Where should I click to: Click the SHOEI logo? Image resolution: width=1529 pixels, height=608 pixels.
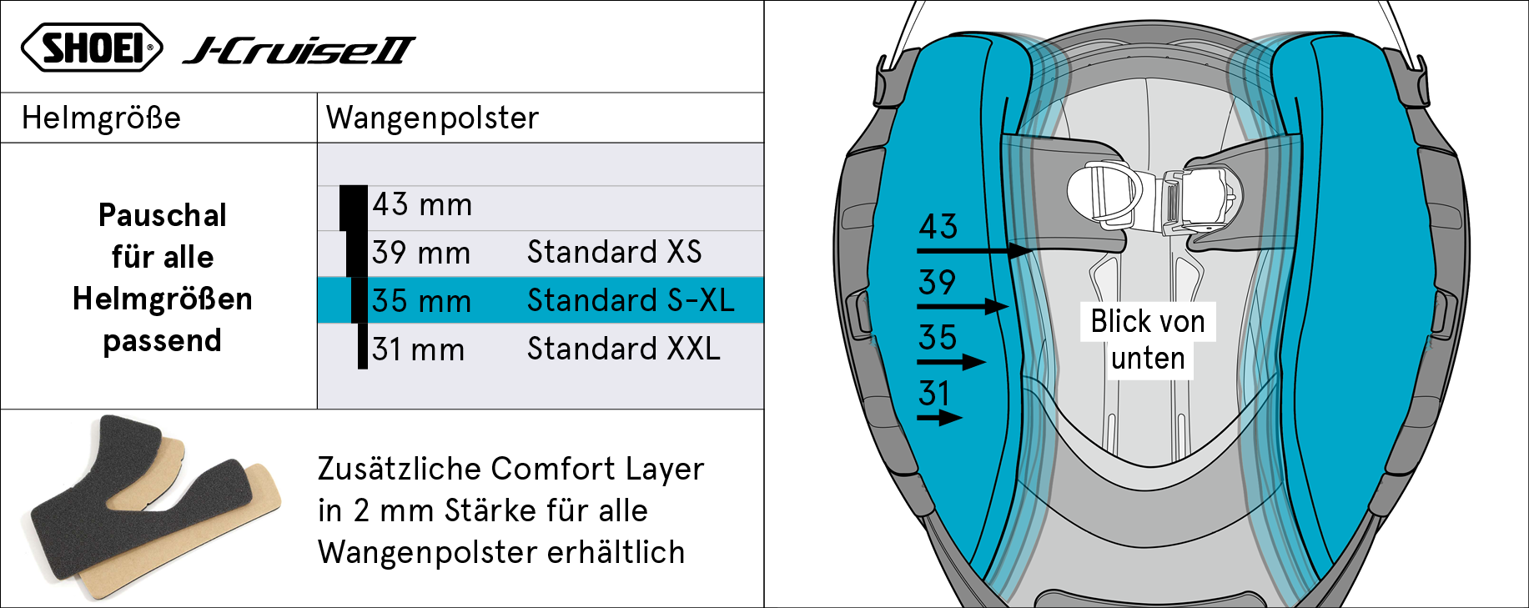pyautogui.click(x=92, y=47)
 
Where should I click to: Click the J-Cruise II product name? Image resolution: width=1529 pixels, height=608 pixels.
pyautogui.click(x=299, y=51)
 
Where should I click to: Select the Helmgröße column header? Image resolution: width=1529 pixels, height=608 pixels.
pyautogui.click(x=101, y=118)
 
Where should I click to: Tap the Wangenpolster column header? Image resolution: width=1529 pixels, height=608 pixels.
pyautogui.click(x=432, y=118)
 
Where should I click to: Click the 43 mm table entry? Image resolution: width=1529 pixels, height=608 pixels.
pyautogui.click(x=422, y=205)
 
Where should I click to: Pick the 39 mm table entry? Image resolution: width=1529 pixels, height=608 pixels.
pyautogui.click(x=421, y=253)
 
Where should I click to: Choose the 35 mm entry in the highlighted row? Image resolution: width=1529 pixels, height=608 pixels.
pyautogui.click(x=421, y=301)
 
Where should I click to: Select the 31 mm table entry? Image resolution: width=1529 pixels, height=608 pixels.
pyautogui.click(x=418, y=349)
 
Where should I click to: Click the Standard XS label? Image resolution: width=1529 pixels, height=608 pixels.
pyautogui.click(x=615, y=252)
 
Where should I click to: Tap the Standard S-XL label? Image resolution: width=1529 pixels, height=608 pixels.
pyautogui.click(x=631, y=300)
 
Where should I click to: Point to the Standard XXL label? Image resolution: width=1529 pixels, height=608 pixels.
pyautogui.click(x=624, y=349)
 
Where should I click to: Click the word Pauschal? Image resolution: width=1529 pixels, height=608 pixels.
pyautogui.click(x=163, y=215)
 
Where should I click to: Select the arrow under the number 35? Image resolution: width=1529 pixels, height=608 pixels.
pyautogui.click(x=952, y=362)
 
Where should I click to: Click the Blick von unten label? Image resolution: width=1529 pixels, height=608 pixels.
pyautogui.click(x=1148, y=339)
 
